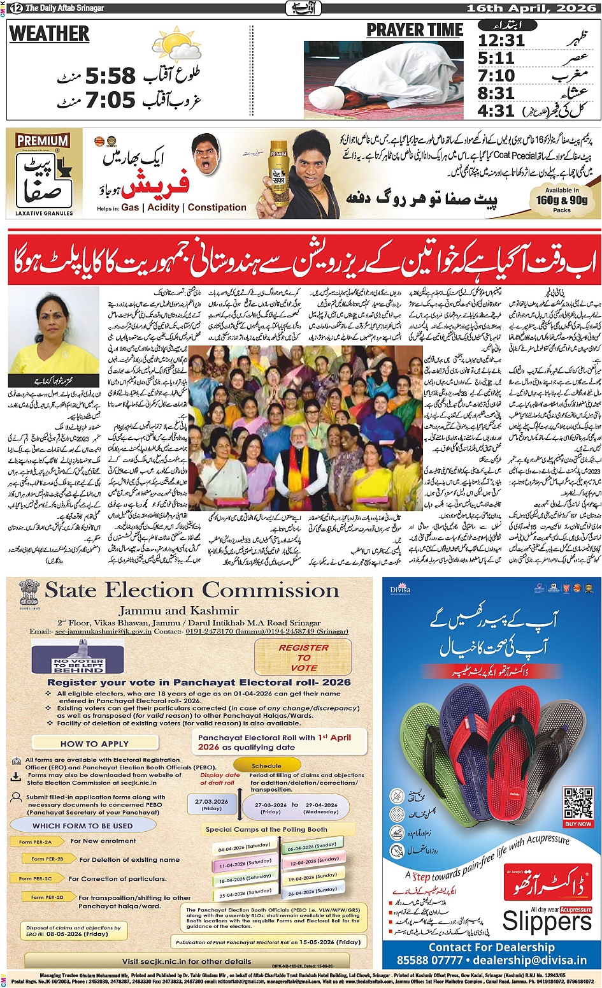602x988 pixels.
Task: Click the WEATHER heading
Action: pos(50,34)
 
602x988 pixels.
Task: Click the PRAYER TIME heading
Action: pos(415,30)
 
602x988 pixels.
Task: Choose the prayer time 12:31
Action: pos(501,41)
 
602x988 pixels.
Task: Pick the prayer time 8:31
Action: pos(496,93)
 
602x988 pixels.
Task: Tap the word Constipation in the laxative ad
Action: pos(217,207)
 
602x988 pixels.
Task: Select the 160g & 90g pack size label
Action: pos(562,200)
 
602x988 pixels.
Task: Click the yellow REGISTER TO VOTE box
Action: pos(303,657)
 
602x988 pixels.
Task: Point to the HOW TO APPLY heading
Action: pos(94,743)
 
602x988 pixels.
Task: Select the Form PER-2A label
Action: pos(35,842)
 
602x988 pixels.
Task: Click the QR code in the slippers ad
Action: pos(578,803)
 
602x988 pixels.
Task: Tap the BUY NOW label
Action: pos(578,824)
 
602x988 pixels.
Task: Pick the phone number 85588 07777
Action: pos(429,960)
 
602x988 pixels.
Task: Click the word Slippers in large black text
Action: pos(547,922)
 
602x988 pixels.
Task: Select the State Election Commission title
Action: pos(192,590)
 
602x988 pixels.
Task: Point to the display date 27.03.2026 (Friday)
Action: pos(211,804)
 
